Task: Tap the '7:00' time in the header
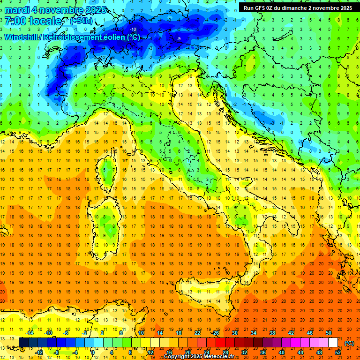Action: [15, 21]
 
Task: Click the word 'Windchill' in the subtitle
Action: [22, 37]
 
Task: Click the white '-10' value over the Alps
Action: [133, 29]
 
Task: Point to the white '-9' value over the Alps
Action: [179, 38]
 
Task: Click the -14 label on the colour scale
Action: [30, 333]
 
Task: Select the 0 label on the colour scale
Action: [93, 352]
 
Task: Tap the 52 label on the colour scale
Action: [338, 352]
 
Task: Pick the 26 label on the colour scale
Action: [216, 333]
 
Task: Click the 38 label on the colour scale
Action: [272, 333]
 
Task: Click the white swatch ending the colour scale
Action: [333, 342]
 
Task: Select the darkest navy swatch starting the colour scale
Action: [23, 342]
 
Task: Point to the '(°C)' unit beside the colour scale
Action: [349, 343]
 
